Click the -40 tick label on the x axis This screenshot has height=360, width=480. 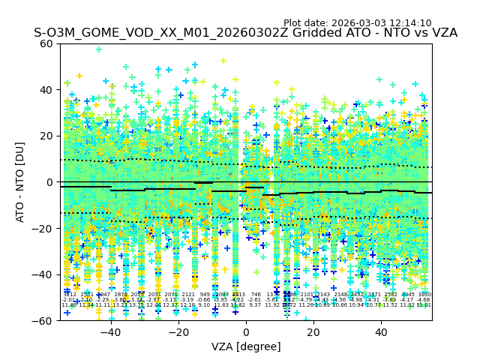(110, 331)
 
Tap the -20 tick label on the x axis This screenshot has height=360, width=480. (178, 331)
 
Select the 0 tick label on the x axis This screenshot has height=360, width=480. (246, 331)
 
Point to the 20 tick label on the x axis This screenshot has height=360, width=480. (313, 331)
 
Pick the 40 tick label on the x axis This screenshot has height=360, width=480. (381, 331)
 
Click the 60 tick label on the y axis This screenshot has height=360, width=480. (47, 43)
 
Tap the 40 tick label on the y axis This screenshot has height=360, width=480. (47, 90)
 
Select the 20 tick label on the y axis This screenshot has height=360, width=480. (47, 136)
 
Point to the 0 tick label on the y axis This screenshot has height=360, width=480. (50, 182)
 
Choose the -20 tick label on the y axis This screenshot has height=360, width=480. (43, 228)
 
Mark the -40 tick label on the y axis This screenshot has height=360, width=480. (43, 274)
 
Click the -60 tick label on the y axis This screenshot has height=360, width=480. (43, 320)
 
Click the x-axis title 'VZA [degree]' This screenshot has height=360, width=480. (246, 346)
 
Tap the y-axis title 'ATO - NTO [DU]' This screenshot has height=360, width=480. (20, 182)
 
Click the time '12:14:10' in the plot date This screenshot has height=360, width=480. (409, 23)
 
